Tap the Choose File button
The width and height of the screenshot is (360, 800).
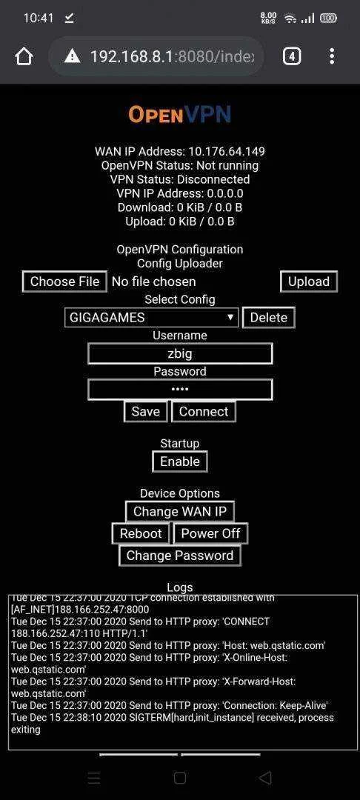pos(64,281)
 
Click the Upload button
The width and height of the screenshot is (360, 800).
pos(309,281)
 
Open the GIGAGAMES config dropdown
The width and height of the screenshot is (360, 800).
pos(152,317)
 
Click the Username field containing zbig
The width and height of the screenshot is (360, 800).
pos(180,353)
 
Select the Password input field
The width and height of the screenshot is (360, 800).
pos(180,390)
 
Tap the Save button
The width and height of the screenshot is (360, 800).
pos(146,412)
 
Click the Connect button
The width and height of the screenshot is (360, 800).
pos(204,412)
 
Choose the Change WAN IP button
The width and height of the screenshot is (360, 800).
pos(180,511)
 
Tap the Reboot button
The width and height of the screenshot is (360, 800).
pos(141,533)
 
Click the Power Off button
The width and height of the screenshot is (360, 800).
pos(210,533)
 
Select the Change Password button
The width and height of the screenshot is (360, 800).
pos(179,556)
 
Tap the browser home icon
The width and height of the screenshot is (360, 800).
pos(24,56)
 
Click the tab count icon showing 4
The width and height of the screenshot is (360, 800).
pos(292,56)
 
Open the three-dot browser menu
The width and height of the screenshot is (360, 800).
pos(332,56)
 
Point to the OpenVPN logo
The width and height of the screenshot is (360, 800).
pos(180,115)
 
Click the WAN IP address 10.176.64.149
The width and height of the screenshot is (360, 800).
pos(227,152)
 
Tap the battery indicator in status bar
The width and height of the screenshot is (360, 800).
pos(328,19)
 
